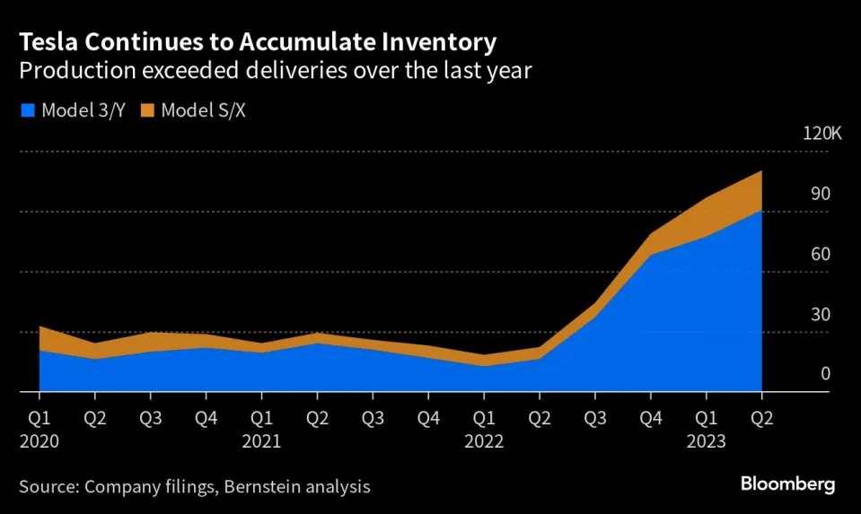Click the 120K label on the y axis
point(821,135)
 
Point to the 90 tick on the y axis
point(821,195)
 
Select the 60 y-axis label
point(821,255)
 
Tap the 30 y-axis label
point(821,315)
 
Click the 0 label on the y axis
point(825,375)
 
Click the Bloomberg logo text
point(787,484)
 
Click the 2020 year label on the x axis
point(40,441)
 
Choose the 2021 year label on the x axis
point(261,441)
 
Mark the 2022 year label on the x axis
point(484,441)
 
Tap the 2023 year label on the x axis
point(707,441)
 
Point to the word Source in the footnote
point(48,487)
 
